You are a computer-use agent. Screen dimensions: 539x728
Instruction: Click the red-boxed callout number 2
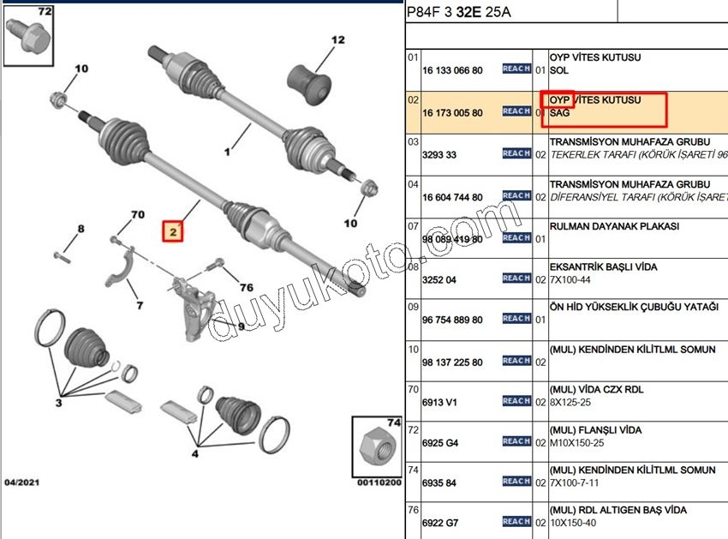tap(174, 231)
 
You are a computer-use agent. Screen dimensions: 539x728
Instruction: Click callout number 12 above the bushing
tap(337, 39)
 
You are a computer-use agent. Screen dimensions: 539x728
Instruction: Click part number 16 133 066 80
tap(452, 70)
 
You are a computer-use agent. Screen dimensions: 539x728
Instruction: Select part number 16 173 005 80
tap(452, 112)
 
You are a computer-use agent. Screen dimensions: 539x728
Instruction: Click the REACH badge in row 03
tap(516, 153)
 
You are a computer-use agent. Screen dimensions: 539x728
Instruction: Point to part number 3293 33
tap(439, 155)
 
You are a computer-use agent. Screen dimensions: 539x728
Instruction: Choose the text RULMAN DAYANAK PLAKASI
tap(614, 226)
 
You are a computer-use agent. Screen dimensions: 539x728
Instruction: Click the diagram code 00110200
tap(378, 482)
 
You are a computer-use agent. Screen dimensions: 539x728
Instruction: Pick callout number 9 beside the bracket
tap(241, 326)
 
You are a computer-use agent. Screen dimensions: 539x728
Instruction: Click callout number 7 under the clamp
tap(140, 305)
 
